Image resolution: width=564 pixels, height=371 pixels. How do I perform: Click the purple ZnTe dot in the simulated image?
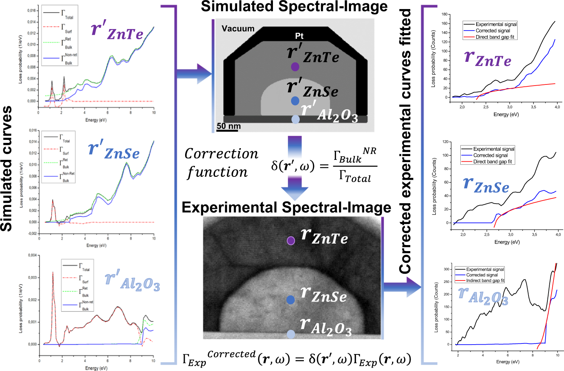coord(295,67)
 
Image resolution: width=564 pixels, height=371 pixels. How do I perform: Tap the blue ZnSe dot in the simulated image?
coord(295,101)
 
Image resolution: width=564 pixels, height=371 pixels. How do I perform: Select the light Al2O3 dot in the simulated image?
coord(296,119)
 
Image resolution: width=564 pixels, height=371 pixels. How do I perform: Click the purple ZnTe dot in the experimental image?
coord(291,241)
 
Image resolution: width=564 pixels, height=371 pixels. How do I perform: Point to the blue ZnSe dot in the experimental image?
coord(290,300)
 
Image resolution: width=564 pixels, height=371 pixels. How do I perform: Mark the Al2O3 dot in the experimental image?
coord(291,334)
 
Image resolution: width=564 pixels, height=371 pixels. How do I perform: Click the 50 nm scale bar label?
coord(228,126)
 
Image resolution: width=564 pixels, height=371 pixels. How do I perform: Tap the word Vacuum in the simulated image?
coord(238,29)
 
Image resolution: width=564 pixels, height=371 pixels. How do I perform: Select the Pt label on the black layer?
coord(299,36)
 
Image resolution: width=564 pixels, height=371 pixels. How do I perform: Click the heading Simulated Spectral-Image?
coord(294,7)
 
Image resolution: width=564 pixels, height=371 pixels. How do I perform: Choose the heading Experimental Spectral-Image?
coord(286,208)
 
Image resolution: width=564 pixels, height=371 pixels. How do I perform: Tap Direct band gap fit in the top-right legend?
coord(495,37)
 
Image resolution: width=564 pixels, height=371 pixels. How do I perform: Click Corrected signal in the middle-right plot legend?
coord(490,155)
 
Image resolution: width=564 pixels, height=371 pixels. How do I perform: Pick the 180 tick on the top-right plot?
coord(444,14)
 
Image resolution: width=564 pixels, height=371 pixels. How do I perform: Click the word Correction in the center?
coord(221,154)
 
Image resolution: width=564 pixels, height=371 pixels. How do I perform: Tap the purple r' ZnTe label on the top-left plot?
coord(117,31)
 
